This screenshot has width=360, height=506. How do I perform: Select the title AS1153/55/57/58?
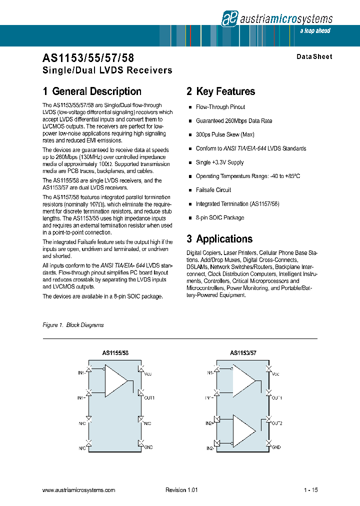click(88, 58)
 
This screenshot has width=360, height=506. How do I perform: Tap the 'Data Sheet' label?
click(314, 57)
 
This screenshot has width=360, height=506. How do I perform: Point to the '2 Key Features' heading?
click(220, 91)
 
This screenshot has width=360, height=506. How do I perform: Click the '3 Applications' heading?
click(219, 239)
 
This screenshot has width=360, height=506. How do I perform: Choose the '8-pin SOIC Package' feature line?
click(220, 217)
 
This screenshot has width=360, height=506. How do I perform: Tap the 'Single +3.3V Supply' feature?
click(219, 162)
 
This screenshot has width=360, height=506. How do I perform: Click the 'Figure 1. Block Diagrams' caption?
click(73, 325)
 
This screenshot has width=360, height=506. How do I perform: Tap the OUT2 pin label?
click(277, 423)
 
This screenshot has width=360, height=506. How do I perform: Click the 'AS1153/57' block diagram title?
click(243, 353)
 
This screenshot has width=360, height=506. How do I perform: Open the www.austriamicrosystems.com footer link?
click(79, 490)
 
